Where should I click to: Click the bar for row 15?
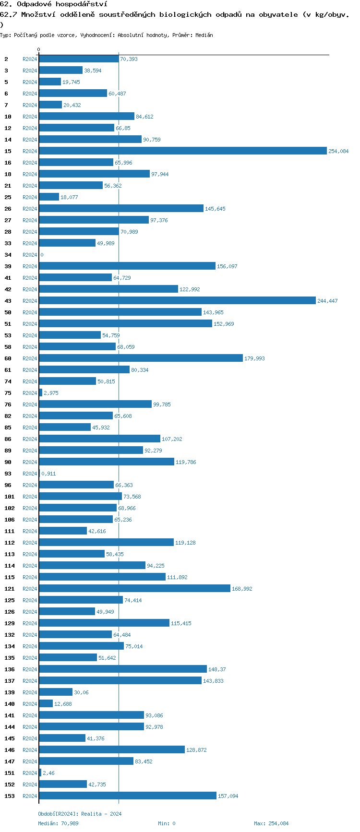coord(183,151)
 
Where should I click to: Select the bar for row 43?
coord(177,301)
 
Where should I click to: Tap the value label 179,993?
coord(254,358)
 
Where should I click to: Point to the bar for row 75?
coord(41,393)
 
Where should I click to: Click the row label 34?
coord(8,255)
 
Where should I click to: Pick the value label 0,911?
coord(48,474)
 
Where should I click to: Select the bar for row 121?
coord(134,589)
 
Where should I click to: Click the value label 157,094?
coord(228,796)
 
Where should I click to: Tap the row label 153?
coord(10,796)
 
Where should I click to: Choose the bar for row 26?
coord(121,209)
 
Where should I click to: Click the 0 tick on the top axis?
coord(39,50)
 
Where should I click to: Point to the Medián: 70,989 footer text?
coord(58,823)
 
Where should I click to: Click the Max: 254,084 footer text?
coord(271,823)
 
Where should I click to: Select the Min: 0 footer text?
coord(167,823)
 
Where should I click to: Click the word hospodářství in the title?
coord(82,4)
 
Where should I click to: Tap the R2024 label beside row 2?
coord(30,59)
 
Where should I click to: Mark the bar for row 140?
coord(46,704)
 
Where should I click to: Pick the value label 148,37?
coord(217,669)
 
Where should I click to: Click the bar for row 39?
coord(127,266)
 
